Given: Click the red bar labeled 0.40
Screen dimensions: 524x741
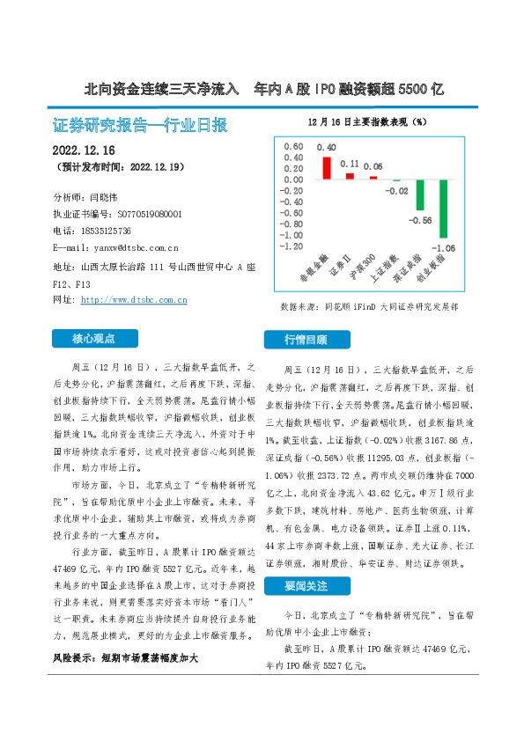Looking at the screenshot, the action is [x=327, y=167].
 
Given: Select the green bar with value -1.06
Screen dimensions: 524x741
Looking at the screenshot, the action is [x=443, y=209].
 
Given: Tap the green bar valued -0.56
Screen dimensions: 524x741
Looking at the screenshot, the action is [x=420, y=195].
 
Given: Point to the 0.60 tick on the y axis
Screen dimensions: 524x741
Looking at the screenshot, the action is [x=292, y=146].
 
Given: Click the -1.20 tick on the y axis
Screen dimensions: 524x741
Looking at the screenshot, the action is [x=290, y=247].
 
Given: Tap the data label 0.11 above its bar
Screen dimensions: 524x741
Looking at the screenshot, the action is [x=350, y=164].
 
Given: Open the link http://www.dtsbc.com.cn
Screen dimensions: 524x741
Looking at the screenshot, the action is [x=133, y=300].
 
